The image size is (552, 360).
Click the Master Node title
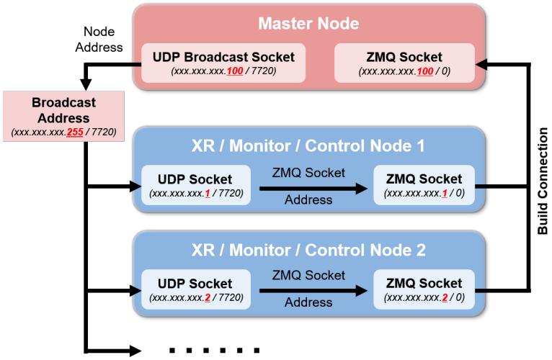(308, 24)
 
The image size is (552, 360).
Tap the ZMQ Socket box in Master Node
(405, 62)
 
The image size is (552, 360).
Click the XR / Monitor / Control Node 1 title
(308, 146)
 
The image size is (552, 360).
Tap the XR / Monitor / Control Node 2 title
(308, 251)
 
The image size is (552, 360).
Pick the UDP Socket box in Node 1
(195, 185)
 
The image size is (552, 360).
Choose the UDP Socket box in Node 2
(195, 289)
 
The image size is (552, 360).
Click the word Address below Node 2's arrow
(308, 303)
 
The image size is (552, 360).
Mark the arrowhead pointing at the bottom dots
(136, 350)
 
